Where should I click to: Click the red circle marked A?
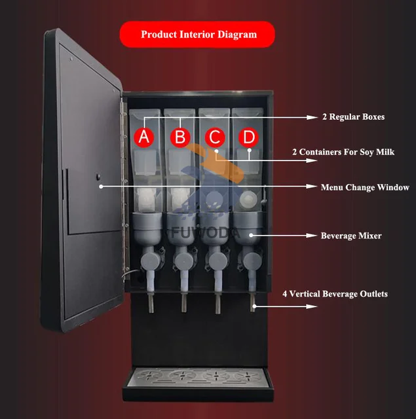point(145,137)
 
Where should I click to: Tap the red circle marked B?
point(180,137)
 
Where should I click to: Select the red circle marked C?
point(214,137)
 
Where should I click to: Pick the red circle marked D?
point(248,137)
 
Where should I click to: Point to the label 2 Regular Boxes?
point(353,117)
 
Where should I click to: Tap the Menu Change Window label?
point(365,187)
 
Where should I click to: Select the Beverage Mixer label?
point(351,234)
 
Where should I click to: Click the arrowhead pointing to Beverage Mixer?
point(312,234)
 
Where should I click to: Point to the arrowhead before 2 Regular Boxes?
point(312,117)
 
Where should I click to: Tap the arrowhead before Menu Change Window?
point(312,187)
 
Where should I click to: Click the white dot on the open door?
point(101,187)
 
